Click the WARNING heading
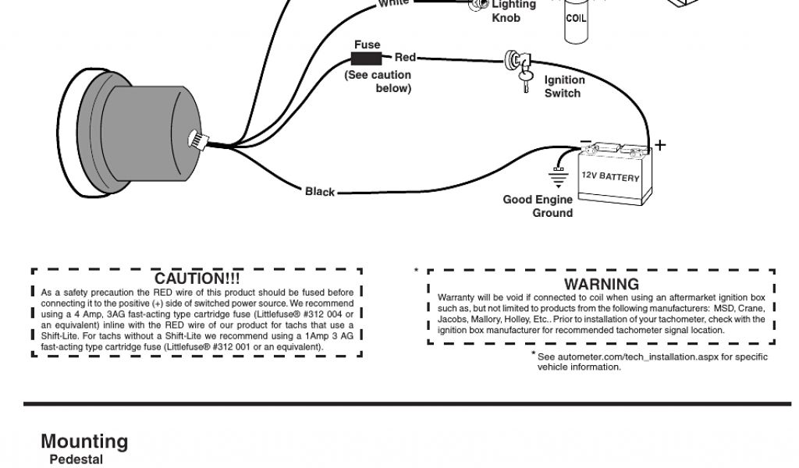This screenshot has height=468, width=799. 601,285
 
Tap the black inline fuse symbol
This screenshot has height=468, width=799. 367,58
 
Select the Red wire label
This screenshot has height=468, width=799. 405,58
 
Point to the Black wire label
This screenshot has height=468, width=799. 320,192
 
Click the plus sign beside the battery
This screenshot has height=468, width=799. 660,145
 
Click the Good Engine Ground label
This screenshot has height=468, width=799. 538,206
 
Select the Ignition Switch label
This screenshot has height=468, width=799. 563,87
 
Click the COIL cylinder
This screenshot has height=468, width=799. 576,19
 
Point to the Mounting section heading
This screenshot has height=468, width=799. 84,441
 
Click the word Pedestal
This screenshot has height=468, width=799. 76,459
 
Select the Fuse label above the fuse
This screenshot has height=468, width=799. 367,44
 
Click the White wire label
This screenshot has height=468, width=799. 393,3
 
